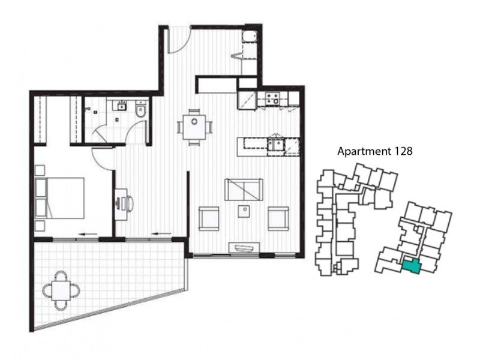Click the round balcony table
click(x=61, y=291)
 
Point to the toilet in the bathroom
click(x=140, y=110)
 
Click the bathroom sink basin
click(x=121, y=107)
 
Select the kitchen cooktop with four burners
click(x=272, y=98)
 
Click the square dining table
click(x=194, y=127)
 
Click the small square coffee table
click(x=244, y=212)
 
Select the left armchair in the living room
click(x=208, y=218)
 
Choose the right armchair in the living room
click(x=278, y=218)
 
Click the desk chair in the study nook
click(x=129, y=203)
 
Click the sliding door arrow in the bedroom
click(x=89, y=233)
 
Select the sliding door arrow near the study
click(x=160, y=233)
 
